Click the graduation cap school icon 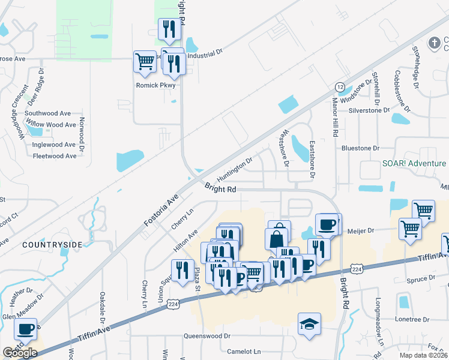310,324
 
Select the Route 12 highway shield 340,87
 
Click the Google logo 20,353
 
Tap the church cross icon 434,43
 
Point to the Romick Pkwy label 155,85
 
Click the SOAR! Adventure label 414,163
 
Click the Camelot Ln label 241,350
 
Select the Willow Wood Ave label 53,125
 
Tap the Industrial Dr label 205,53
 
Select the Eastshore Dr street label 312,160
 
